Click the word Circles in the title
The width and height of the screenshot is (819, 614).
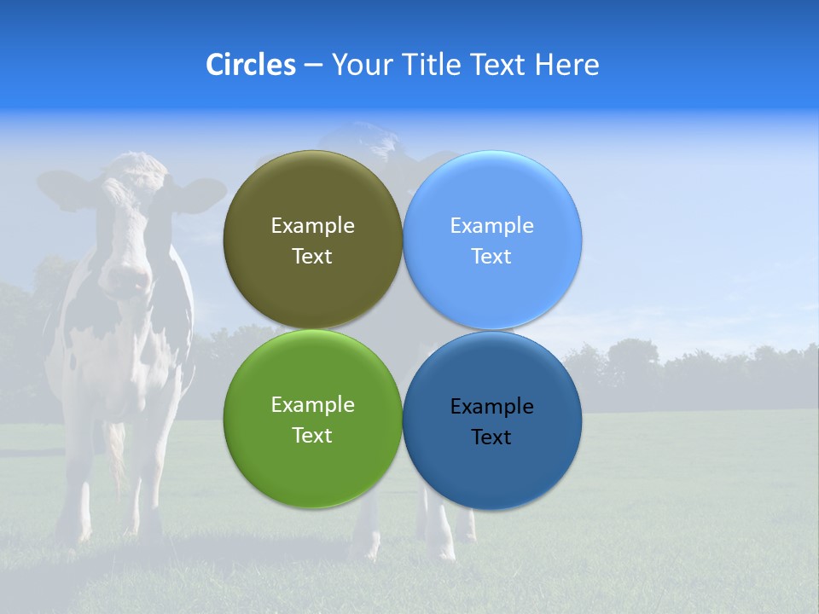tap(250, 65)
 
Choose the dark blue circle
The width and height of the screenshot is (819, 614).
tap(491, 469)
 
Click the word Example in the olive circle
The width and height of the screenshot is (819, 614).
tap(312, 226)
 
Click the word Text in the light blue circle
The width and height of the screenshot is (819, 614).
tap(491, 257)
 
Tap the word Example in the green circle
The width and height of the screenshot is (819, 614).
tap(312, 405)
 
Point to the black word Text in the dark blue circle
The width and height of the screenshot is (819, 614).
tap(491, 437)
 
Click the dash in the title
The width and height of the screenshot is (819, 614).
tap(312, 65)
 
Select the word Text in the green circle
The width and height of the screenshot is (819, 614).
tap(312, 436)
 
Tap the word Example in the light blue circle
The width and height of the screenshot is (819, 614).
tap(491, 226)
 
